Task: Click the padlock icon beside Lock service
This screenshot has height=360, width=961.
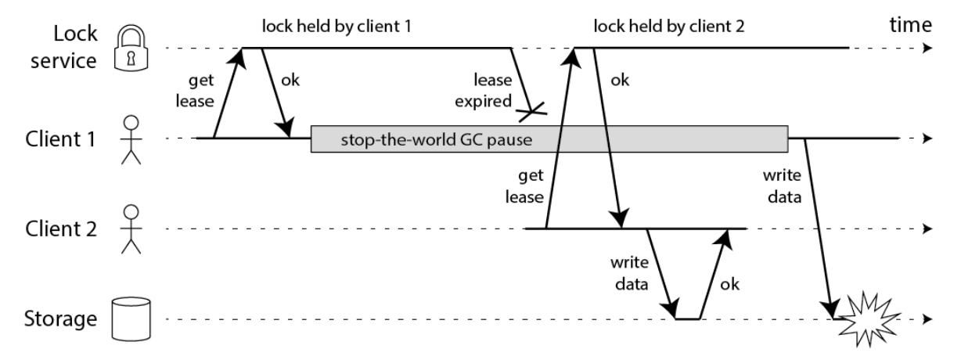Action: coord(131,48)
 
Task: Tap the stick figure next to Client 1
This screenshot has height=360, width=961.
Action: coord(131,140)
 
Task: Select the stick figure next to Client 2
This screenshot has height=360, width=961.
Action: coord(131,229)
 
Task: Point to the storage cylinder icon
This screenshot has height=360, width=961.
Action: coord(131,319)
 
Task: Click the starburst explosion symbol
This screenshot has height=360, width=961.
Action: coord(869,319)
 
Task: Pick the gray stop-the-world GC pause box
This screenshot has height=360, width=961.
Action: coord(549,139)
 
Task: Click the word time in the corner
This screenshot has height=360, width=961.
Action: coord(910,25)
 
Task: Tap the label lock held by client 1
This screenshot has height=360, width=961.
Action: coord(337,27)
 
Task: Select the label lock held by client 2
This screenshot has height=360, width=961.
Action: coord(669,27)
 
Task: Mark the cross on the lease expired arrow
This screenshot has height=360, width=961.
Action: coord(531,112)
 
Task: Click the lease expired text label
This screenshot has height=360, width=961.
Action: coord(484,91)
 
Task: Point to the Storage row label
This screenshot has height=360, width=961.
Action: coord(60,319)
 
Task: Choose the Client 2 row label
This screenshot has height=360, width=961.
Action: coord(61,229)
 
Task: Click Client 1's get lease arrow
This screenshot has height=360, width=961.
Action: coord(229,93)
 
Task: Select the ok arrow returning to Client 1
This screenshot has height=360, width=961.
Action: coord(276,93)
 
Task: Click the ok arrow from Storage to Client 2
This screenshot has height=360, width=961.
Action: coord(714,274)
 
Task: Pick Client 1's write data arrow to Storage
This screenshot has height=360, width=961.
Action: coord(819,229)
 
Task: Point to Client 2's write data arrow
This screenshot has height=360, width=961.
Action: coord(661,274)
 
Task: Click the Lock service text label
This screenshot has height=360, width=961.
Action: coord(64,47)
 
